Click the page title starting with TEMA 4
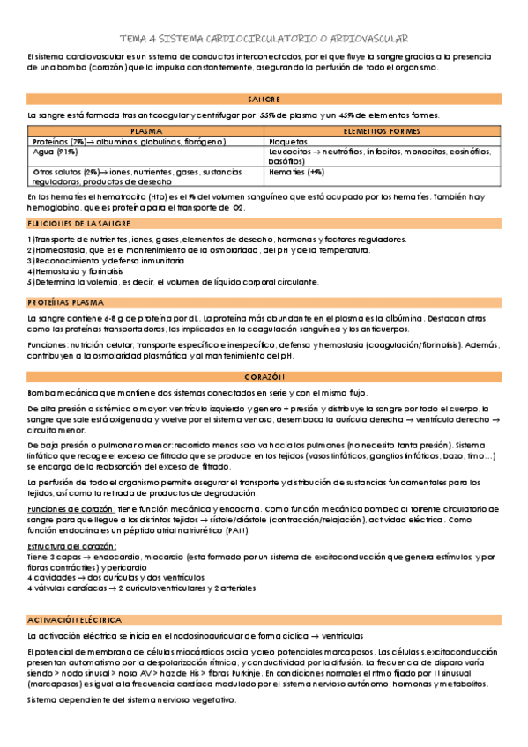pyautogui.click(x=264, y=39)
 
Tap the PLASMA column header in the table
pyautogui.click(x=146, y=129)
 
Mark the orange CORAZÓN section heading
pyautogui.click(x=264, y=378)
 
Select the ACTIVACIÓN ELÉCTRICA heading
pyautogui.click(x=75, y=620)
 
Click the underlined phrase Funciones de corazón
pyautogui.click(x=71, y=509)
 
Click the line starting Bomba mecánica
pyautogui.click(x=197, y=392)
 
